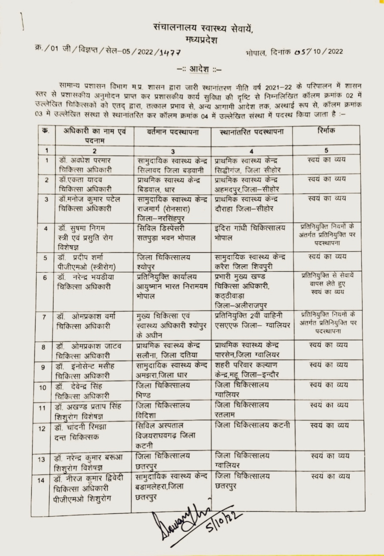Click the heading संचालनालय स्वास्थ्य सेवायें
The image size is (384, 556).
coord(203,28)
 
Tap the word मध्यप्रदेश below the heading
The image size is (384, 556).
coord(203,40)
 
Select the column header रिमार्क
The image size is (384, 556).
coord(326,131)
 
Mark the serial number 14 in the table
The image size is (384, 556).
coord(42,480)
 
